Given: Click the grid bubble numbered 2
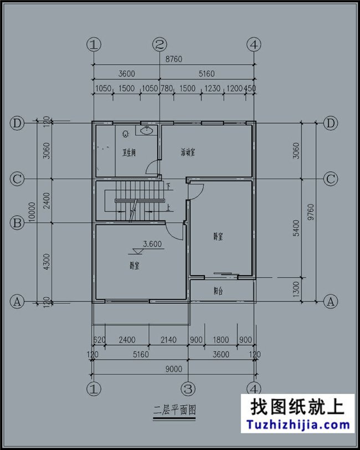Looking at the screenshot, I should coord(160,44).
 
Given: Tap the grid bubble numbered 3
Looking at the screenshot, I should coord(188,387).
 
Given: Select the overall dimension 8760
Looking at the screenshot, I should coord(173,59).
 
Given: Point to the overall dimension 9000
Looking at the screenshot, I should coord(173,368).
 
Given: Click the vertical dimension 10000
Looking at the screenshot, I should coord(33,212).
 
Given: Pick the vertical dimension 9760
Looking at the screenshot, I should coord(311,212).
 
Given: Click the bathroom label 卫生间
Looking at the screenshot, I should coord(129,152).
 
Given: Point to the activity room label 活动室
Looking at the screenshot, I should coord(188,152).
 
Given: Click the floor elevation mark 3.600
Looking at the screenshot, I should coord(152,244).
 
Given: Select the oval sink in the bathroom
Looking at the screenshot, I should coord(146,131).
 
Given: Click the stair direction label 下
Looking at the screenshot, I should coord(168,186).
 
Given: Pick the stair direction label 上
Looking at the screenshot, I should coord(168,208).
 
